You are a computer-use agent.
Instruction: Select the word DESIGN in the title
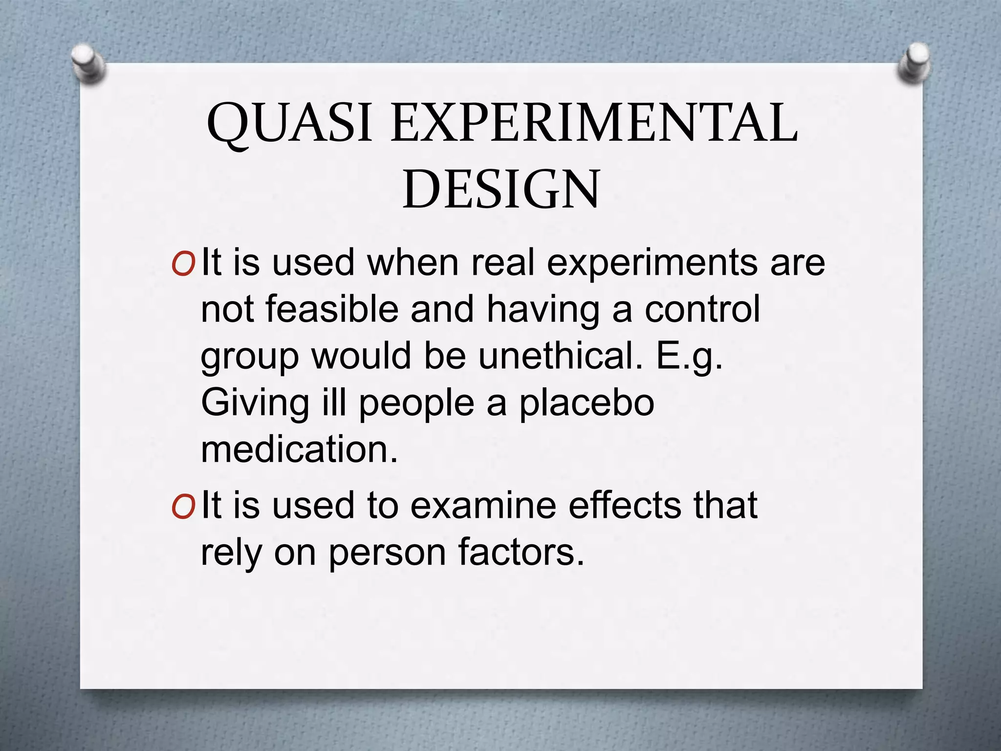click(x=501, y=190)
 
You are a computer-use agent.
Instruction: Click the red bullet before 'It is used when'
click(x=183, y=265)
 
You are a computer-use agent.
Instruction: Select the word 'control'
click(x=702, y=309)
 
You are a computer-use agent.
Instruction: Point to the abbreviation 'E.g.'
click(x=689, y=357)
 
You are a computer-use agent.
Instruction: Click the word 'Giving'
click(x=255, y=404)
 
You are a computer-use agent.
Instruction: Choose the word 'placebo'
click(x=587, y=404)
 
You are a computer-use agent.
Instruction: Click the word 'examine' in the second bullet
click(x=483, y=506)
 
